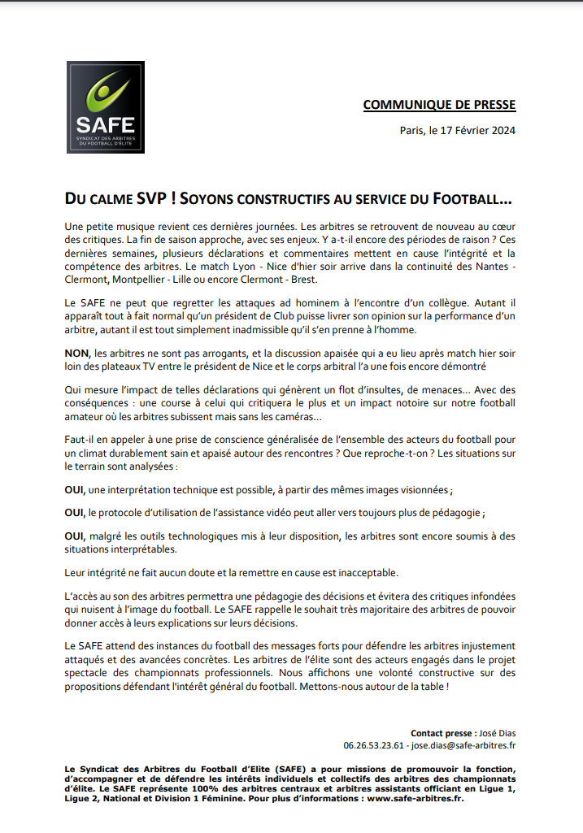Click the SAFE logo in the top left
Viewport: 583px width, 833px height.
[105, 107]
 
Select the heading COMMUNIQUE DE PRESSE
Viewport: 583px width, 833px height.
[439, 105]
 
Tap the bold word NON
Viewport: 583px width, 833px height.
[76, 354]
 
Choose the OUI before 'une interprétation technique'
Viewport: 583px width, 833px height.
[74, 490]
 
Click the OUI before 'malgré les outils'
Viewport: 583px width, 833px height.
[74, 537]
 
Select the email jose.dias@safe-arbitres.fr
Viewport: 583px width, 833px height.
[463, 744]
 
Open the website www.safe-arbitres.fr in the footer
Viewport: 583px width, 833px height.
[414, 798]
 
